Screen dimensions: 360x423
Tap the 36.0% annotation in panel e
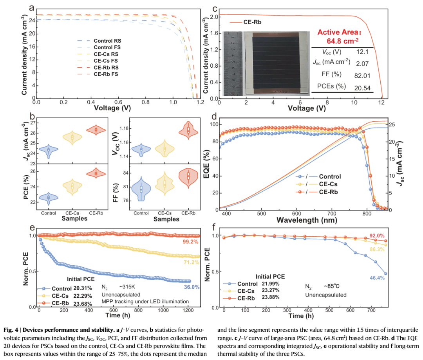coord(192,287)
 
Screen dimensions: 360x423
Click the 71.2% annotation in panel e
coord(192,262)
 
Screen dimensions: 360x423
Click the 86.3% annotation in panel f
coord(376,249)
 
